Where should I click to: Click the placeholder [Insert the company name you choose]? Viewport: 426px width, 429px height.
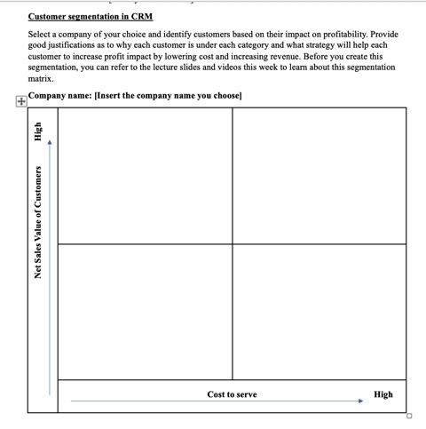174,95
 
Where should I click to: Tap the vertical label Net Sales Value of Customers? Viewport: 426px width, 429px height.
38,222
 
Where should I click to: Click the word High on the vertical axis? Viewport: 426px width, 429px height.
38,132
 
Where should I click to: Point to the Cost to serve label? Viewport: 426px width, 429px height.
232,394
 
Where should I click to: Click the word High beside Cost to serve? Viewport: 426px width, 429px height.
383,394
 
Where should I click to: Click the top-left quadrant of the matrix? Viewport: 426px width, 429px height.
145,176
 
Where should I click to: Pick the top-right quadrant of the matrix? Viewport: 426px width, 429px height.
319,176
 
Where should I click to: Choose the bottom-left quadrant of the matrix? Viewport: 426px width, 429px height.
145,311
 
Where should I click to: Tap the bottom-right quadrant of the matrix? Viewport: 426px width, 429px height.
319,311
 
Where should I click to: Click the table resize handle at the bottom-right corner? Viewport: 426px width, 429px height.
409,416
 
